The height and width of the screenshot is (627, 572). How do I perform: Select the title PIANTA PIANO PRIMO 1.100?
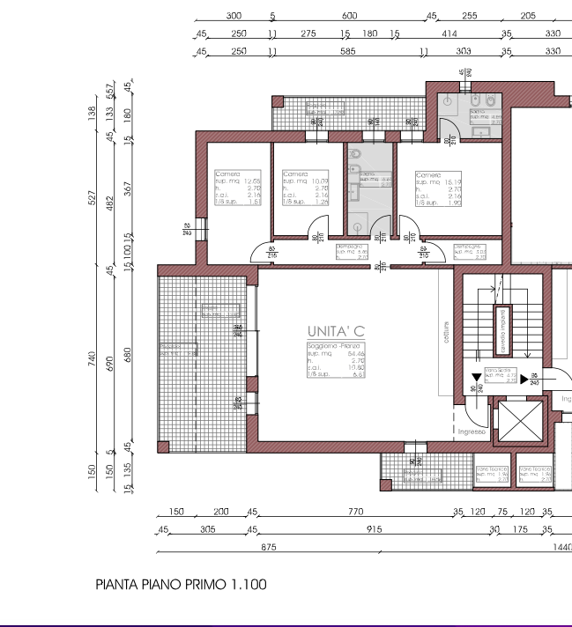tap(181, 584)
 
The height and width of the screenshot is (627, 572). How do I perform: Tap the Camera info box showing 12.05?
tap(236, 188)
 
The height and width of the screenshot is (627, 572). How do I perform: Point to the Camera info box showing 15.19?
tap(439, 188)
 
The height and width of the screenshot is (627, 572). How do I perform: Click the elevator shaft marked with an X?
tap(516, 422)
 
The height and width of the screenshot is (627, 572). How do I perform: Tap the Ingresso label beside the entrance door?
tap(472, 432)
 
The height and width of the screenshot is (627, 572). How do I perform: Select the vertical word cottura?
tap(447, 337)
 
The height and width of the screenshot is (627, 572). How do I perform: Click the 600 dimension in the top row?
tap(349, 16)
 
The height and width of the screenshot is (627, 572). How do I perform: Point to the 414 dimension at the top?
tap(449, 33)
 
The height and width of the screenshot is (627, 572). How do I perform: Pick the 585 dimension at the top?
tap(347, 51)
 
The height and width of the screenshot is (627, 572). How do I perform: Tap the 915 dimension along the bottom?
tap(374, 529)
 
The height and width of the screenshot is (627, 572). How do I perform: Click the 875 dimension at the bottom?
tap(269, 547)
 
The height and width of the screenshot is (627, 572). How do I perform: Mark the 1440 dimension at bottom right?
tap(561, 547)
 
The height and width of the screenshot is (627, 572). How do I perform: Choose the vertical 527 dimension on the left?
tap(93, 197)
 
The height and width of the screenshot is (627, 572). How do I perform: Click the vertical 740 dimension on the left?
tap(93, 360)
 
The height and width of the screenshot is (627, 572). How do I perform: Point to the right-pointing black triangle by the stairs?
tap(524, 380)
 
